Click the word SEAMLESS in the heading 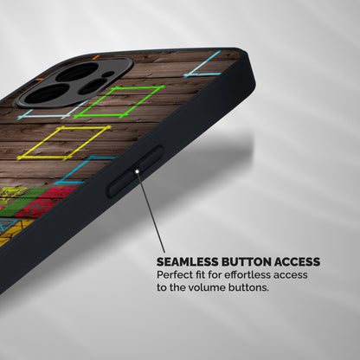pyautogui.click(x=188, y=262)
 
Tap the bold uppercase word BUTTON pyautogui.click(x=247, y=262)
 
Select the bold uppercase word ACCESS pyautogui.click(x=297, y=262)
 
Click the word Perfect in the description pyautogui.click(x=174, y=274)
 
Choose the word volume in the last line pyautogui.click(x=209, y=287)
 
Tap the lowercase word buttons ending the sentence pyautogui.click(x=248, y=287)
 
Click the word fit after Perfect pyautogui.click(x=200, y=274)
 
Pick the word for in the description pyautogui.click(x=215, y=274)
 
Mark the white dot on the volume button pyautogui.click(x=138, y=171)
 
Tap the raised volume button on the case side pyautogui.click(x=135, y=171)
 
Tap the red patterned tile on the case pyautogui.click(x=46, y=202)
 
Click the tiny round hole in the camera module pyautogui.click(x=107, y=74)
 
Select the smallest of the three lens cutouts pyautogui.click(x=93, y=87)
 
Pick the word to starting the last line pyautogui.click(x=162, y=287)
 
